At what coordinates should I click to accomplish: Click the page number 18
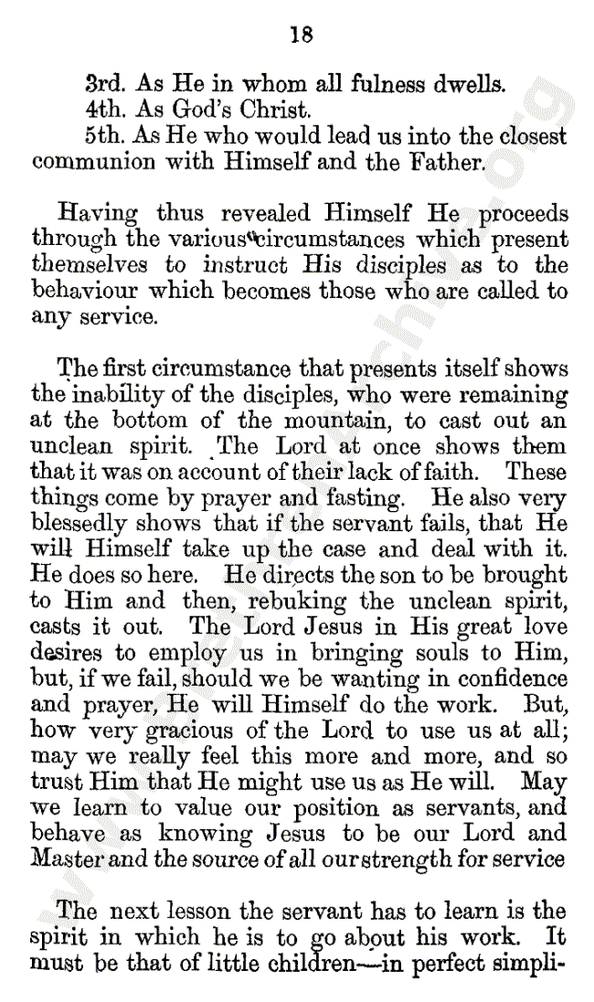[301, 35]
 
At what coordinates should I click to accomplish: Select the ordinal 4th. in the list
[105, 111]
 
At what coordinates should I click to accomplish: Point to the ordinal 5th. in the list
[105, 136]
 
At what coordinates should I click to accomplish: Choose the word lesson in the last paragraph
[195, 911]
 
